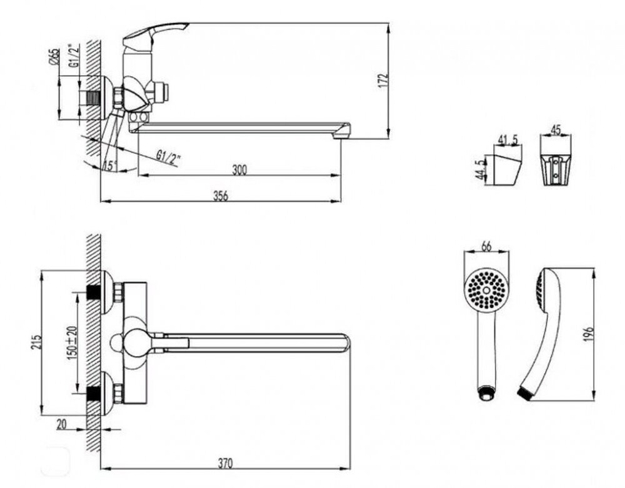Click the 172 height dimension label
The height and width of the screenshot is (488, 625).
(384, 79)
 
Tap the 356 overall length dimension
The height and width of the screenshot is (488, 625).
(220, 195)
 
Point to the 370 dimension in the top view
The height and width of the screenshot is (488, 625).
(226, 463)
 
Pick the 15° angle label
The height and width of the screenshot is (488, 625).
(111, 167)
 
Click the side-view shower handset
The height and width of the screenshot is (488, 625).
(541, 331)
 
